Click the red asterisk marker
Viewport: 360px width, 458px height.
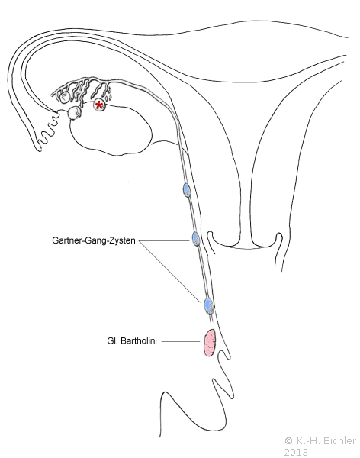pos(99,105)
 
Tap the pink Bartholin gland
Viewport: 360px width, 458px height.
pos(209,342)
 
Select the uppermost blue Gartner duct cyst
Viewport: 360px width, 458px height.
pos(187,190)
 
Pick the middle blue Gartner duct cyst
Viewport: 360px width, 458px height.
pos(196,239)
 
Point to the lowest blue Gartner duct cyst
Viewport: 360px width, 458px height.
pos(208,305)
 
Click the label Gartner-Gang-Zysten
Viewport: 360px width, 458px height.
pos(94,240)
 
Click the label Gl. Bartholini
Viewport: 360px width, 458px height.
pos(132,340)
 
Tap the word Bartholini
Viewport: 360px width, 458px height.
pos(139,340)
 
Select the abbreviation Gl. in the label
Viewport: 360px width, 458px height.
pos(112,340)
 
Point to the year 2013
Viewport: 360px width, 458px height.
pos(296,452)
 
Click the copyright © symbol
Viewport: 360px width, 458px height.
pos(288,440)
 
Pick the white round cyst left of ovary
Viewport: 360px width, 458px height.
pos(75,113)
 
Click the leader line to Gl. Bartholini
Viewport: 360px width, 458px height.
pos(181,341)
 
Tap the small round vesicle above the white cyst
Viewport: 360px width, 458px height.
pos(64,97)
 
